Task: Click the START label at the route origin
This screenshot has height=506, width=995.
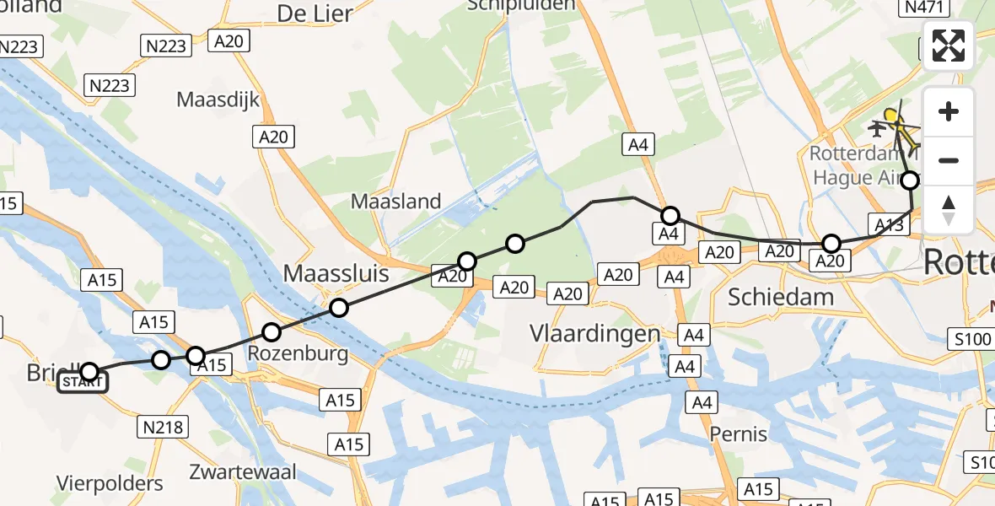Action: pyautogui.click(x=83, y=383)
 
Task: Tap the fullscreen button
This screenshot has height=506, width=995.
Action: pyautogui.click(x=949, y=46)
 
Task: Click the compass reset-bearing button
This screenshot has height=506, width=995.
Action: pyautogui.click(x=949, y=210)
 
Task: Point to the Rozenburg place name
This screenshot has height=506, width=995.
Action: pyautogui.click(x=298, y=353)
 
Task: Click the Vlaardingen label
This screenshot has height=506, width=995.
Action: pyautogui.click(x=594, y=333)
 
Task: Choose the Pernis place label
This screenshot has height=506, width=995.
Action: pyautogui.click(x=739, y=433)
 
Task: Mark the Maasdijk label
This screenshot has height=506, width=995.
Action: pyautogui.click(x=218, y=100)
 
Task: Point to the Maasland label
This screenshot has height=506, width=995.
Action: pyautogui.click(x=395, y=202)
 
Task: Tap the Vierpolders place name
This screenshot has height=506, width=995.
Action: pyautogui.click(x=110, y=483)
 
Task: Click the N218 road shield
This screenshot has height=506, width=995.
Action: pyautogui.click(x=163, y=428)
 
